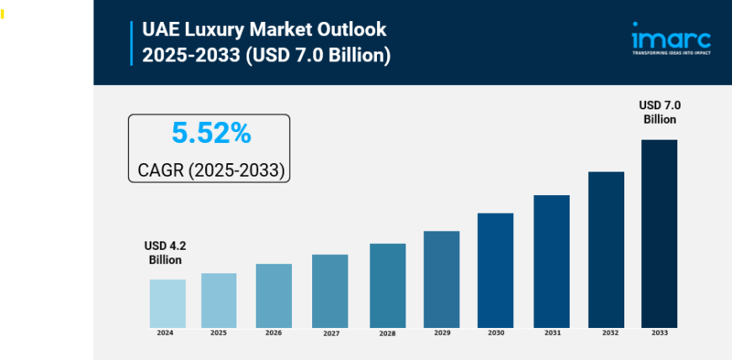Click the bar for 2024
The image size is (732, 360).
click(x=167, y=304)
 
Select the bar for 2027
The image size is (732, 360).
click(x=330, y=291)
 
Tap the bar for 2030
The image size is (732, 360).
click(x=496, y=270)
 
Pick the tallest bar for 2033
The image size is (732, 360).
click(x=659, y=234)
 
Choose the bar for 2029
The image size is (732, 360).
click(x=442, y=279)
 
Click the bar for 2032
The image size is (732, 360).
click(x=606, y=250)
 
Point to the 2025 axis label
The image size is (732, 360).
click(x=219, y=333)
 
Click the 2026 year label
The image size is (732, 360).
click(x=273, y=333)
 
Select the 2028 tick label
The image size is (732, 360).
click(x=387, y=334)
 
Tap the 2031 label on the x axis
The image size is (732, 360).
click(x=552, y=333)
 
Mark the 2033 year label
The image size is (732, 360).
click(x=660, y=333)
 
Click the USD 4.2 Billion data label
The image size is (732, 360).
click(x=165, y=252)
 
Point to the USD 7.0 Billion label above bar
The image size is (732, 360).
click(x=660, y=112)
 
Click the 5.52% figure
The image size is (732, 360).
click(x=210, y=133)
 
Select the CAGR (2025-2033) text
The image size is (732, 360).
click(x=210, y=171)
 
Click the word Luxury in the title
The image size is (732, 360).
click(x=223, y=29)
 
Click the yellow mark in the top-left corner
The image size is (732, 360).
click(x=2, y=14)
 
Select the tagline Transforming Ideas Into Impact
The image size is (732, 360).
click(x=671, y=52)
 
